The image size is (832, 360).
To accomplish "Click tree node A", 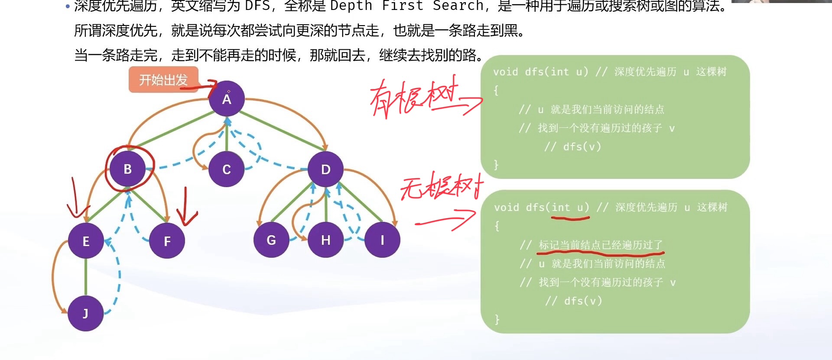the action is point(227,99).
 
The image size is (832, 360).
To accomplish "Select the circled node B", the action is point(127,169).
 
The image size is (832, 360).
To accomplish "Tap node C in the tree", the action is point(226,169).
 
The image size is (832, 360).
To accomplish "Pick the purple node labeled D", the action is point(326,169).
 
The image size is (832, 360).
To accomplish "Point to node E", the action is point(86,241).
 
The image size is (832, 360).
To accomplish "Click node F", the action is point(167,241).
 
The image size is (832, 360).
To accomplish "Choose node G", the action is point(271,240).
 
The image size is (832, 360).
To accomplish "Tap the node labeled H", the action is point(325,240).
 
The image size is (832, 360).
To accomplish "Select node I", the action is point(382,240).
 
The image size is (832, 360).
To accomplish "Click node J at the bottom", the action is point(85,313).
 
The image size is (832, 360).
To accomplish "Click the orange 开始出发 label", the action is point(163,80).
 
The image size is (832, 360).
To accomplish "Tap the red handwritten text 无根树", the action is point(440,186).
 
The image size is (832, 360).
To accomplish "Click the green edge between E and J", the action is point(86,277).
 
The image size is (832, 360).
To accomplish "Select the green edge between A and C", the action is point(226,138).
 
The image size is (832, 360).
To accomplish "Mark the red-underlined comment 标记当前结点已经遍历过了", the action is point(601,245).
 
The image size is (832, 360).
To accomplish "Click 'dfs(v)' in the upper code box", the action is point(582,147).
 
